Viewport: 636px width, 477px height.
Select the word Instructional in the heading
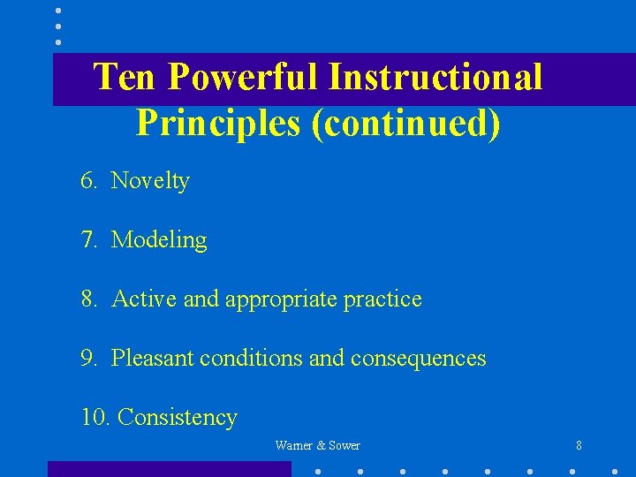pyautogui.click(x=435, y=77)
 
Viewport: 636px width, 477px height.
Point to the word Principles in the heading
pyautogui.click(x=218, y=124)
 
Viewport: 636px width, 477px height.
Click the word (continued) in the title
pyautogui.click(x=405, y=124)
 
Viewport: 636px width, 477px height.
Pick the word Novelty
pyautogui.click(x=150, y=181)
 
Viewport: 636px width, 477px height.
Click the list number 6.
pyautogui.click(x=89, y=181)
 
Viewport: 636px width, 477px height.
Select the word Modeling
pyautogui.click(x=159, y=240)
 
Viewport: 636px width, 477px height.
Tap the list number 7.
pyautogui.click(x=89, y=240)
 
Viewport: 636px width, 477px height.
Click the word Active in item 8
pyautogui.click(x=145, y=299)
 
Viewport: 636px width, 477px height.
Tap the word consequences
pyautogui.click(x=418, y=359)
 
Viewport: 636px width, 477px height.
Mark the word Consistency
pyautogui.click(x=177, y=418)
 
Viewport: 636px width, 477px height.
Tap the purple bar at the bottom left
pyautogui.click(x=169, y=468)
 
